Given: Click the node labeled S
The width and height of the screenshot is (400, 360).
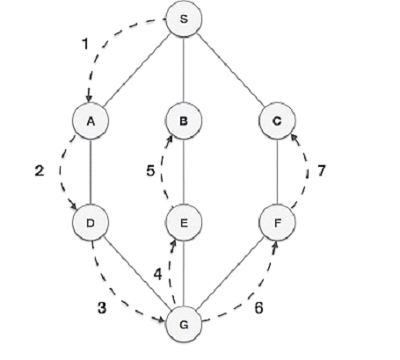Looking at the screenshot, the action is tap(184, 18).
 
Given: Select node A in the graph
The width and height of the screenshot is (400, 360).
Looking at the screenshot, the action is tap(91, 120).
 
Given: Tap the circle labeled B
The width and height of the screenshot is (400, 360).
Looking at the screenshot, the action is tap(184, 120).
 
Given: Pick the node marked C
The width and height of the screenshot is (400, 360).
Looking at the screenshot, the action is tap(277, 120).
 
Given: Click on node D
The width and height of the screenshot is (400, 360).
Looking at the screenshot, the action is tap(91, 223).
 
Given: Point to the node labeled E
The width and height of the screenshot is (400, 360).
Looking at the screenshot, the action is tap(184, 223).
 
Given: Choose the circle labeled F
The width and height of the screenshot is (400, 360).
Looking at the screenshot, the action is tap(277, 223).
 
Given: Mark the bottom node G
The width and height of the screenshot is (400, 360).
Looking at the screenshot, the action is tap(184, 324).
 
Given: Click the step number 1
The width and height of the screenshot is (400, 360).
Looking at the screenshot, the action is tap(85, 44).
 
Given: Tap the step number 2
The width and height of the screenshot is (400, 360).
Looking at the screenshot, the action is tap(40, 170).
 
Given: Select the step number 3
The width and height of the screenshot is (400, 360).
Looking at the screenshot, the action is tap(102, 307).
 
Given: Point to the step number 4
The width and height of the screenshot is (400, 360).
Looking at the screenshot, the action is tap(157, 274).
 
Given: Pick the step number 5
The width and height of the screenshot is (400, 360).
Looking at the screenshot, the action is tap(150, 170).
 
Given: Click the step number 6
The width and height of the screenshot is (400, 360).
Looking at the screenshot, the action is tap(258, 307).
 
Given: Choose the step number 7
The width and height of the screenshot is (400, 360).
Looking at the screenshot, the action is tap(322, 170).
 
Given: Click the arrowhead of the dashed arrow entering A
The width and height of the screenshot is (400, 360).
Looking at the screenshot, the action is tap(89, 99).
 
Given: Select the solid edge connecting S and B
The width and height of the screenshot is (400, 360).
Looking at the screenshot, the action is tap(184, 69).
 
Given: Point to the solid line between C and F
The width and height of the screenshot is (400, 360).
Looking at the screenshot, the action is tap(277, 172).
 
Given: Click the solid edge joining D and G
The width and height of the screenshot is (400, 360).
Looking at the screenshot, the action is tap(137, 273).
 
